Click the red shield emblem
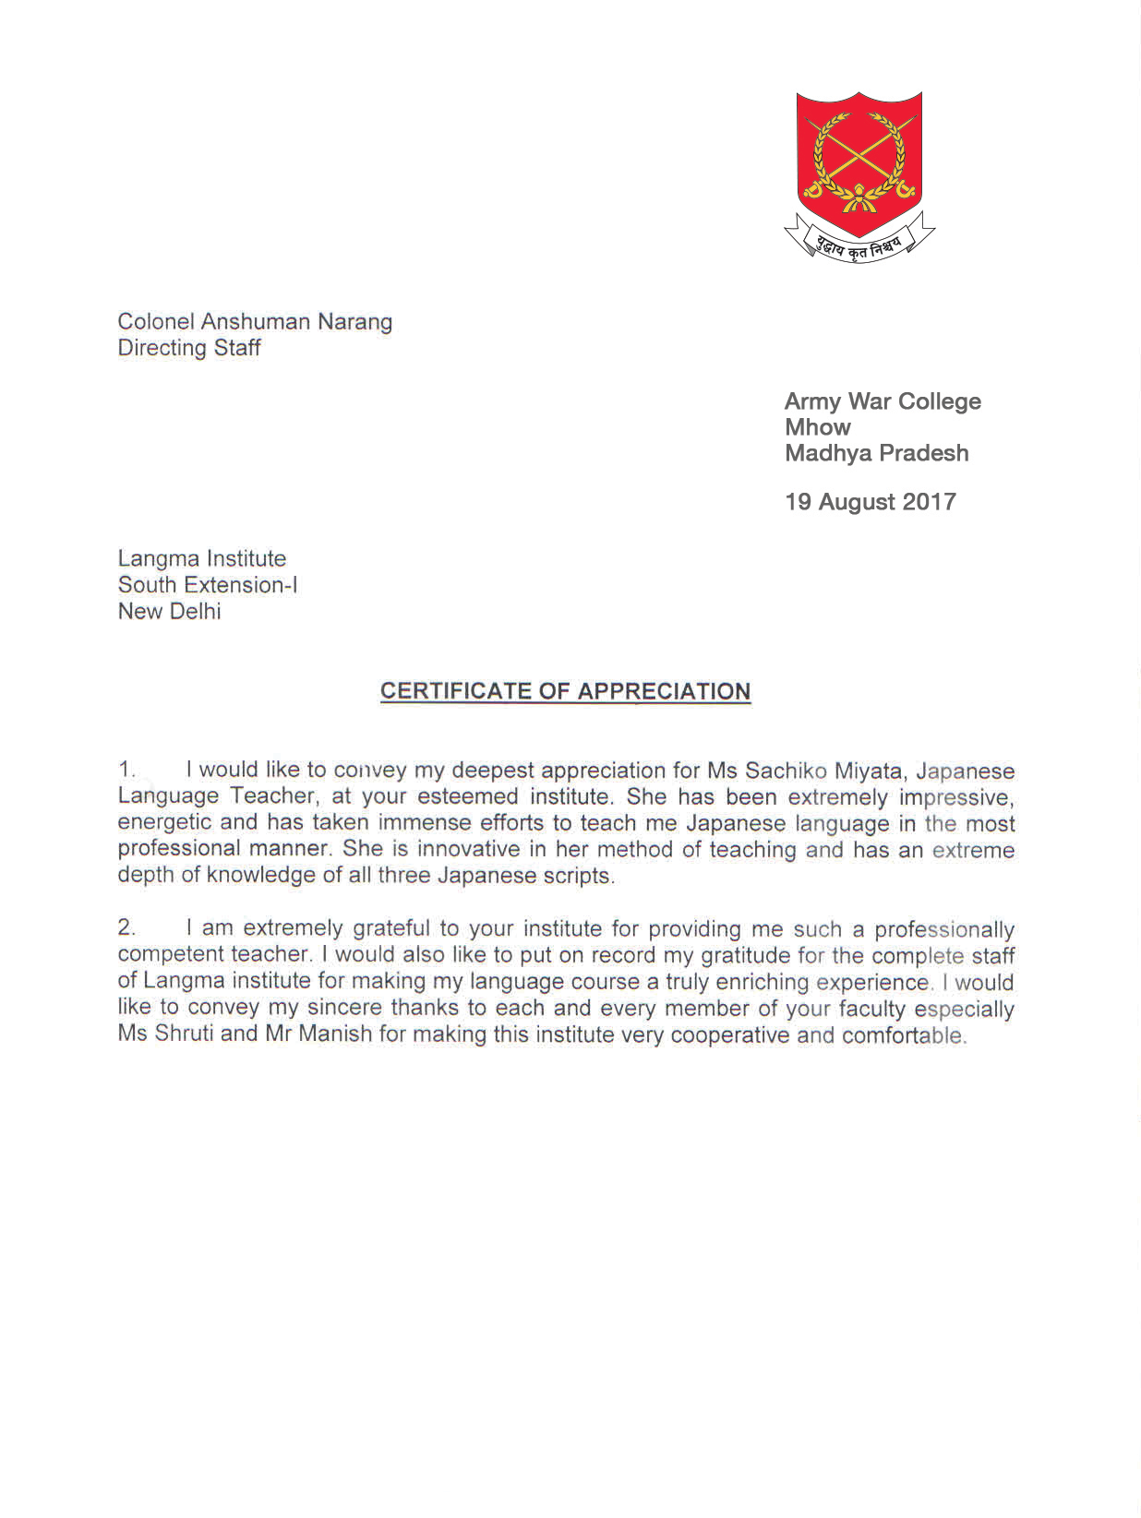point(859,157)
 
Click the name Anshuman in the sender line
point(256,322)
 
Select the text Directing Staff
point(189,348)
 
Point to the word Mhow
point(817,427)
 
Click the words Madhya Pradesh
point(876,453)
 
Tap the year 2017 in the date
point(929,502)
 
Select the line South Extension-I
point(208,585)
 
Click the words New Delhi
point(170,611)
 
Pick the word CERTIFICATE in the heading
point(456,691)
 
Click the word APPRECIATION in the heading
point(664,691)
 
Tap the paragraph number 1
point(126,769)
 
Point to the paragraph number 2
point(126,927)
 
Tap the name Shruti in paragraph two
point(184,1034)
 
